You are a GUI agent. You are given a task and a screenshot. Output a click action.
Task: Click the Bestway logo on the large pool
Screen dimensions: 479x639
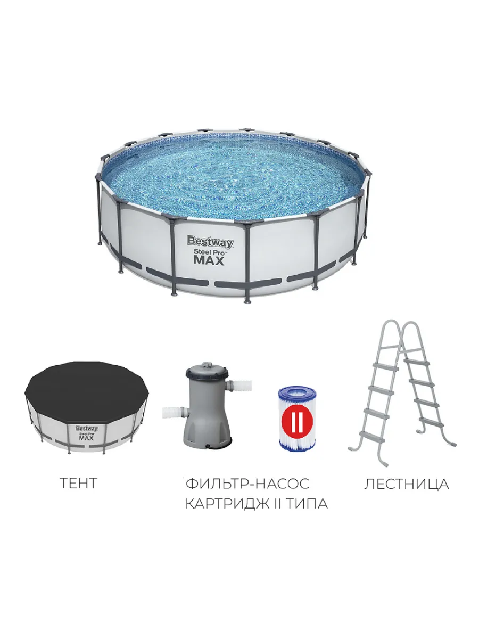pos(210,242)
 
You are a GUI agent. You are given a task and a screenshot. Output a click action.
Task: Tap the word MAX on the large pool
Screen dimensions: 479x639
pos(209,260)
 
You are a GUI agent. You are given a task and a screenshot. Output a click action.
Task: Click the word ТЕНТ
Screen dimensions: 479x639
pos(78,484)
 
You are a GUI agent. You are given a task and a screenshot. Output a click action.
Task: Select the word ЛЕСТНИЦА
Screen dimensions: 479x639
pos(407,484)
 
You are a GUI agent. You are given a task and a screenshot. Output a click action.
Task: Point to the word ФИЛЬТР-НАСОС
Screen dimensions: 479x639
pos(247,484)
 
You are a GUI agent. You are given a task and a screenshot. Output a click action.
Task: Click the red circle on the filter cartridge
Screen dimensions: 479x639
pos(296,421)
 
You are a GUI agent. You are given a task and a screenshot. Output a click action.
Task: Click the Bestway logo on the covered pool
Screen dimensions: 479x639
pos(87,429)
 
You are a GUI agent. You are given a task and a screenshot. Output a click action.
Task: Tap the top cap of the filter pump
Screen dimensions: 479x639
pos(207,369)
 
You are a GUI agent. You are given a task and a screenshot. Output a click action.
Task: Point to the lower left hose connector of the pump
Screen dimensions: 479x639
pos(174,413)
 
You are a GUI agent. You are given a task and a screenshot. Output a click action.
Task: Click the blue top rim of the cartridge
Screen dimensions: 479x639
pos(296,392)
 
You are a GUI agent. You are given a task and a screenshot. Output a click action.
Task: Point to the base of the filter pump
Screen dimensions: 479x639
pos(208,443)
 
